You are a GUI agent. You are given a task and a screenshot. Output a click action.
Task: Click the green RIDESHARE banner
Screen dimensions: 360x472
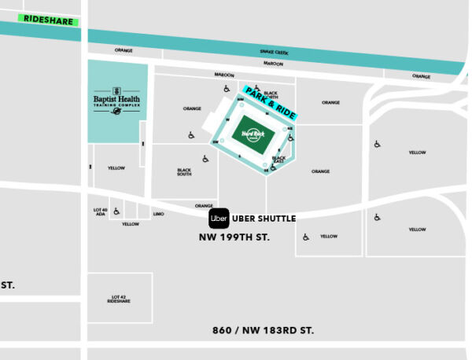click(49, 19)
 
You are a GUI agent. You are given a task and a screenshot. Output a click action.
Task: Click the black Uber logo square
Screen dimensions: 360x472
click(219, 219)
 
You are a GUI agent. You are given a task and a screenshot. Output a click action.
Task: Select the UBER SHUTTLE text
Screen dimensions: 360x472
click(264, 219)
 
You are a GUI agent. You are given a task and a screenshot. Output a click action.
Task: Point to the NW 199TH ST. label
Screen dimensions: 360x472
click(234, 237)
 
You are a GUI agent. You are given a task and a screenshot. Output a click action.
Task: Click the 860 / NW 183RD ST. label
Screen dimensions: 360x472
click(263, 331)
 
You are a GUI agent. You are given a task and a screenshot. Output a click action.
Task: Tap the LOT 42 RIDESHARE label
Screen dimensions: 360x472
click(118, 299)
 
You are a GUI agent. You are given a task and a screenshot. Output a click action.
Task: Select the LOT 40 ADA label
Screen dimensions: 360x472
click(100, 211)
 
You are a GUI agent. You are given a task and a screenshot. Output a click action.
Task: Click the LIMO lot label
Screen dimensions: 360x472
click(158, 214)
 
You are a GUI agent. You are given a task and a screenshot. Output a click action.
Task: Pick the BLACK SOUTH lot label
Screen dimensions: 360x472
click(184, 172)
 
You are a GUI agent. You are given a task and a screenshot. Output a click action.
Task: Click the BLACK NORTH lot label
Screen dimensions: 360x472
click(271, 94)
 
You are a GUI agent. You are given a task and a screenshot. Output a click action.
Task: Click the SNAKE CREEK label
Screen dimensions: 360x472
click(275, 53)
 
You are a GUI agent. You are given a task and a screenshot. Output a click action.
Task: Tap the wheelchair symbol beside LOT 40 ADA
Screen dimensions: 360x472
click(116, 211)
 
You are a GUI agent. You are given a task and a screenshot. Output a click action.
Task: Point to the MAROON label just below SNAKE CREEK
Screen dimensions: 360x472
click(273, 63)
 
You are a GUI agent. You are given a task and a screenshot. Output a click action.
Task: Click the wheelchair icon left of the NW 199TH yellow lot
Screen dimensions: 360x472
click(305, 235)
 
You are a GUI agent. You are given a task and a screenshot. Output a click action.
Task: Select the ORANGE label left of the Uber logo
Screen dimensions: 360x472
click(204, 206)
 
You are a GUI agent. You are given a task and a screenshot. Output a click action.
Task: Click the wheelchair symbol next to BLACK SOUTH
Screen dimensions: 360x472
click(205, 159)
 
